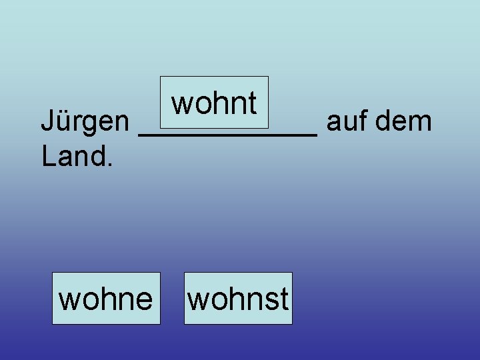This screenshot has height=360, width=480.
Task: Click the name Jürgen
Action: [x=85, y=123]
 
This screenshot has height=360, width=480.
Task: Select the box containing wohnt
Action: [x=214, y=103]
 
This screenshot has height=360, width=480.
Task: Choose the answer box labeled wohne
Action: [x=106, y=299]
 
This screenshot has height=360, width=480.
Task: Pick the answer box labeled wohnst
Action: [x=238, y=299]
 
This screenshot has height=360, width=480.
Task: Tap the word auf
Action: [x=347, y=121]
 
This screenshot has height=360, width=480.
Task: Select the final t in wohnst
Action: [x=285, y=299]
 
